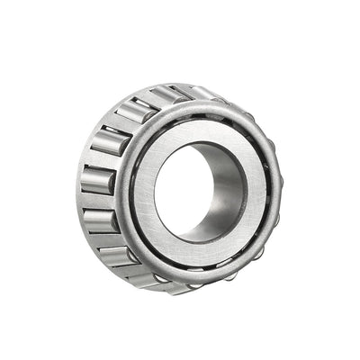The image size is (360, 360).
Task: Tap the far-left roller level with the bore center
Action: click(x=96, y=178)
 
